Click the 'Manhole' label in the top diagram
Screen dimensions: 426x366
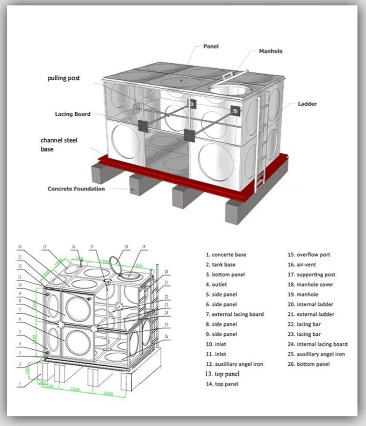pyautogui.click(x=270, y=51)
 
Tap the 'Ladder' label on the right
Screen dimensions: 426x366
pyautogui.click(x=307, y=104)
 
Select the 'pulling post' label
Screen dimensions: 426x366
pyautogui.click(x=63, y=78)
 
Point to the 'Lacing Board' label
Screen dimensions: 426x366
pyautogui.click(x=72, y=114)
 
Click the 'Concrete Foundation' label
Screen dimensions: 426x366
pyautogui.click(x=76, y=189)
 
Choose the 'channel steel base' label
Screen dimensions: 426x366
pyautogui.click(x=59, y=145)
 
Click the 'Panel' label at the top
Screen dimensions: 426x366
pyautogui.click(x=210, y=47)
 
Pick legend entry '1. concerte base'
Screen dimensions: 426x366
pyautogui.click(x=225, y=255)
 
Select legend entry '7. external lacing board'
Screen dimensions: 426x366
pyautogui.click(x=234, y=314)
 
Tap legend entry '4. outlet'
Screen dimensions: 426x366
pyautogui.click(x=216, y=285)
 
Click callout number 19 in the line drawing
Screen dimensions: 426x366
pyautogui.click(x=143, y=247)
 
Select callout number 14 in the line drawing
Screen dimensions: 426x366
pyautogui.click(x=20, y=247)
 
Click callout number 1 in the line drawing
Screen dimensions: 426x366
pyautogui.click(x=20, y=384)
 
